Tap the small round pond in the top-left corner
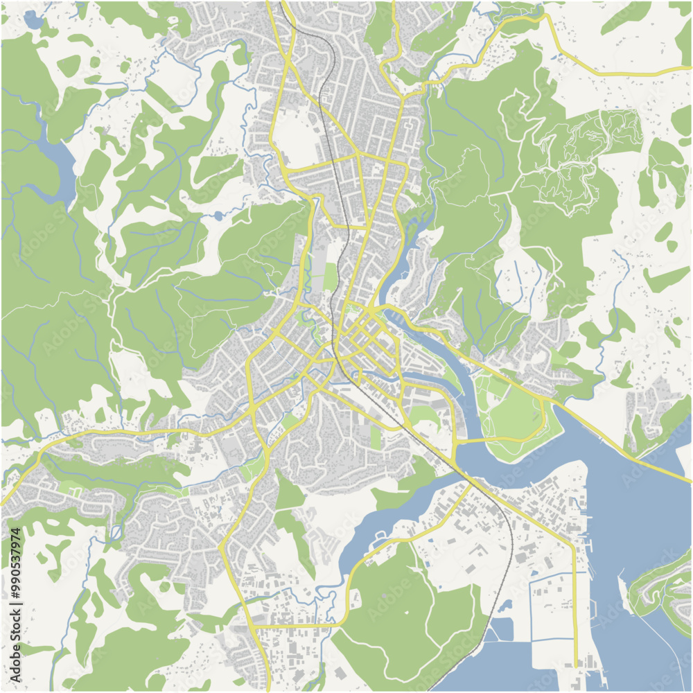point(33,19)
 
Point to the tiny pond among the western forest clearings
point(219,216)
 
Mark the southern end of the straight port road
point(576,664)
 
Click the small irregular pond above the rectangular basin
point(505,606)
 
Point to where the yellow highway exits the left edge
point(3,504)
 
